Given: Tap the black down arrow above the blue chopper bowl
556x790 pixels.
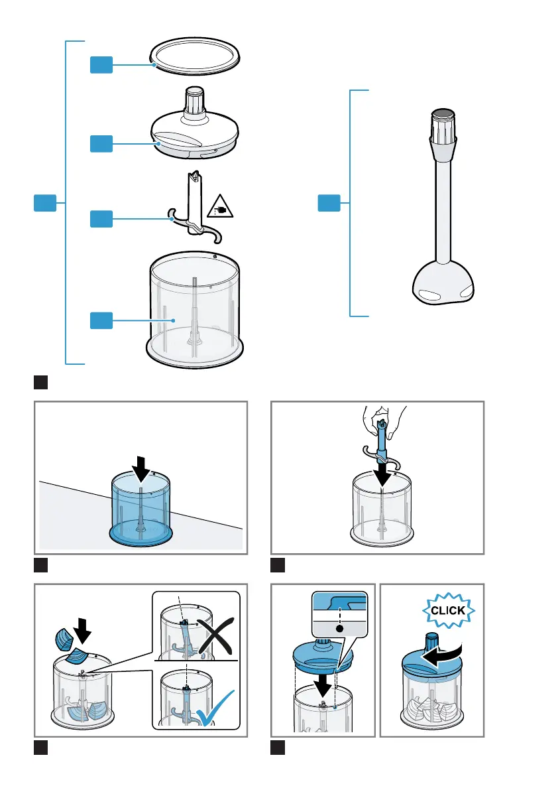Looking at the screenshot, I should click(x=140, y=468).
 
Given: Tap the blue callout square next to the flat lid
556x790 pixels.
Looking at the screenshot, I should click(x=101, y=64).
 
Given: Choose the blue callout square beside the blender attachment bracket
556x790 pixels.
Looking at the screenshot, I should click(x=329, y=204).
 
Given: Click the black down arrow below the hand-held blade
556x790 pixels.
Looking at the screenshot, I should click(x=382, y=474).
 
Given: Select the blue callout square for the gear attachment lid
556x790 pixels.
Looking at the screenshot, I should click(x=101, y=143).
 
